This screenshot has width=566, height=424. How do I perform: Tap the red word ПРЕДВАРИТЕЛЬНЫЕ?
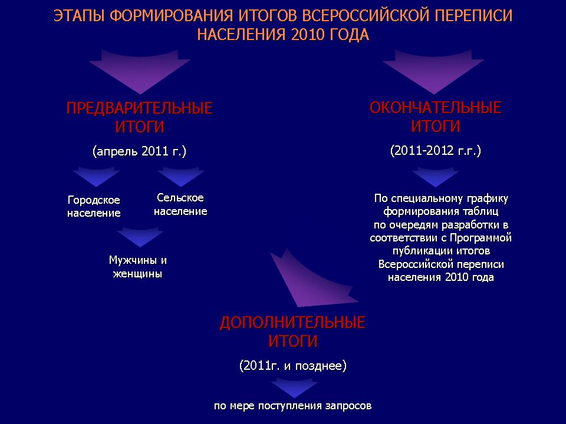[139, 108]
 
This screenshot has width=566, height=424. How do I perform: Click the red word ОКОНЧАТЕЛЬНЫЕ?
[435, 107]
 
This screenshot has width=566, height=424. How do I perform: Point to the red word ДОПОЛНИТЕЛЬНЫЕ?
[292, 322]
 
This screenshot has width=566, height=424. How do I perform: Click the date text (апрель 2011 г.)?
[139, 151]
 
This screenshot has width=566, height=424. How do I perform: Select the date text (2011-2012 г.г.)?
[435, 150]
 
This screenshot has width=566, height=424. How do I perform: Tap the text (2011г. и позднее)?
[293, 366]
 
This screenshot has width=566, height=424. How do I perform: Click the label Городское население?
[94, 206]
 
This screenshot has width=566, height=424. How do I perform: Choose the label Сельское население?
[180, 204]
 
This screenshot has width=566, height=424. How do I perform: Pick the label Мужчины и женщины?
[138, 266]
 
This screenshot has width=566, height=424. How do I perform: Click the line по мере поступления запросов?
[293, 406]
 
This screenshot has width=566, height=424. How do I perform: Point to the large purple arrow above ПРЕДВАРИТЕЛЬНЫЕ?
[140, 71]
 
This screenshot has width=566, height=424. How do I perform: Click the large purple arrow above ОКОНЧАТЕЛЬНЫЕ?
[433, 71]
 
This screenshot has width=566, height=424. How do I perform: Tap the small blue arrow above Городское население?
[96, 176]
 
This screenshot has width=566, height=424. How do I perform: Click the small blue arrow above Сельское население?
[181, 176]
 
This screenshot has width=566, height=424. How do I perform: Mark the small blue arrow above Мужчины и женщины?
[140, 237]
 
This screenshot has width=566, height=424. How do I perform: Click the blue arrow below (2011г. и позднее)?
[295, 387]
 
